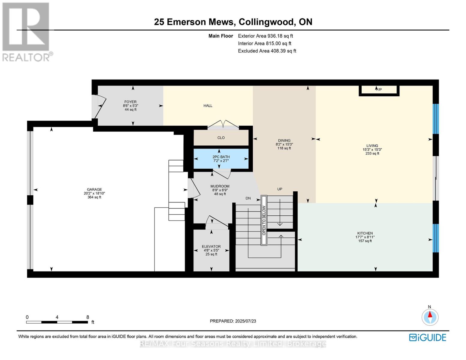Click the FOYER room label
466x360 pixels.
click(130, 102)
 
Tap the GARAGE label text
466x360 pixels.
click(94, 189)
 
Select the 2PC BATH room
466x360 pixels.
click(221, 158)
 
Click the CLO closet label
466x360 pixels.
click(221, 138)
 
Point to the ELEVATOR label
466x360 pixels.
click(211, 247)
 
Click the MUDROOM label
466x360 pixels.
click(220, 186)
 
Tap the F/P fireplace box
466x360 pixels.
click(379, 90)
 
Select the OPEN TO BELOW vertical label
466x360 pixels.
click(264, 220)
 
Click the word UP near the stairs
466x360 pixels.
click(280, 189)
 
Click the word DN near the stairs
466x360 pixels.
click(248, 198)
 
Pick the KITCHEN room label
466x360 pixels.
click(365, 233)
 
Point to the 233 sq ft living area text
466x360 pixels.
click(372, 153)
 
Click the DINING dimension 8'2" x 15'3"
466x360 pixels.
click(284, 144)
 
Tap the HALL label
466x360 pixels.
click(208, 106)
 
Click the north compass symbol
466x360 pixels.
click(430, 317)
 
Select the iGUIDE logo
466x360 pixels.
click(428, 337)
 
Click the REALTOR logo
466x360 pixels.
click(27, 31)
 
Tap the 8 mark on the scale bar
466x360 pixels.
click(88, 317)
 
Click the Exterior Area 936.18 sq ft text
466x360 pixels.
click(265, 36)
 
